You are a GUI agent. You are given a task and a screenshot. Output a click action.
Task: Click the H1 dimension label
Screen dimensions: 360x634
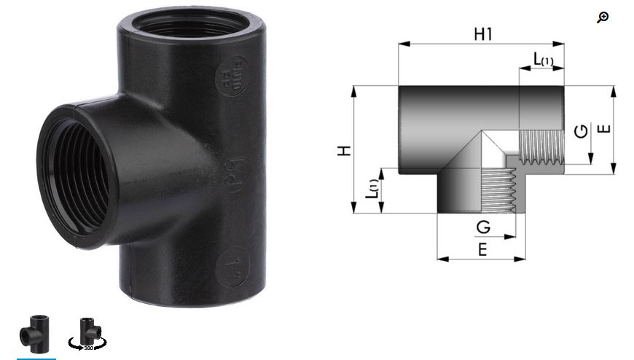tap(482, 34)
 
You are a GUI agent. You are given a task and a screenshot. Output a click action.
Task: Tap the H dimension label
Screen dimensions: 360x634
tap(345, 150)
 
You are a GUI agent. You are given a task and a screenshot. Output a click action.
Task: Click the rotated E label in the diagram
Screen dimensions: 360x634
tap(603, 129)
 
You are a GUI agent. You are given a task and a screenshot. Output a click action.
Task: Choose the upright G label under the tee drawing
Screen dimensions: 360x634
tap(482, 227)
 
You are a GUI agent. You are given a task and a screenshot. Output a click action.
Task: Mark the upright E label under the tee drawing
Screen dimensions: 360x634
tap(482, 249)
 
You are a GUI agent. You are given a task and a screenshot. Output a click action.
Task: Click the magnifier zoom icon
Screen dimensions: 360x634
tap(602, 17)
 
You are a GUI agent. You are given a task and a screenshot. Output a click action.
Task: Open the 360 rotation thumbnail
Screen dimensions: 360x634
tap(87, 334)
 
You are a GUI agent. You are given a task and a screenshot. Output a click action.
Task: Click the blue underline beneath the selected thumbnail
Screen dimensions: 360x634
tap(36, 358)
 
